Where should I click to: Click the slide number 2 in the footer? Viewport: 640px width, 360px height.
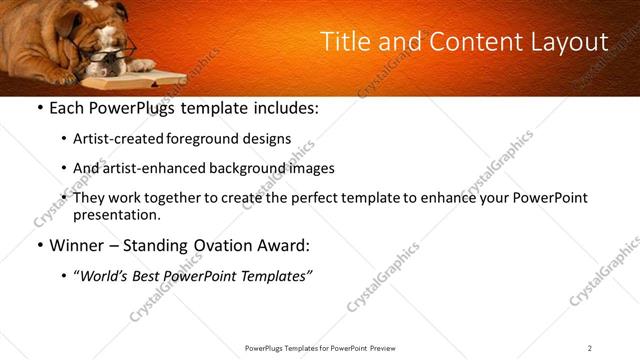point(590,348)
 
